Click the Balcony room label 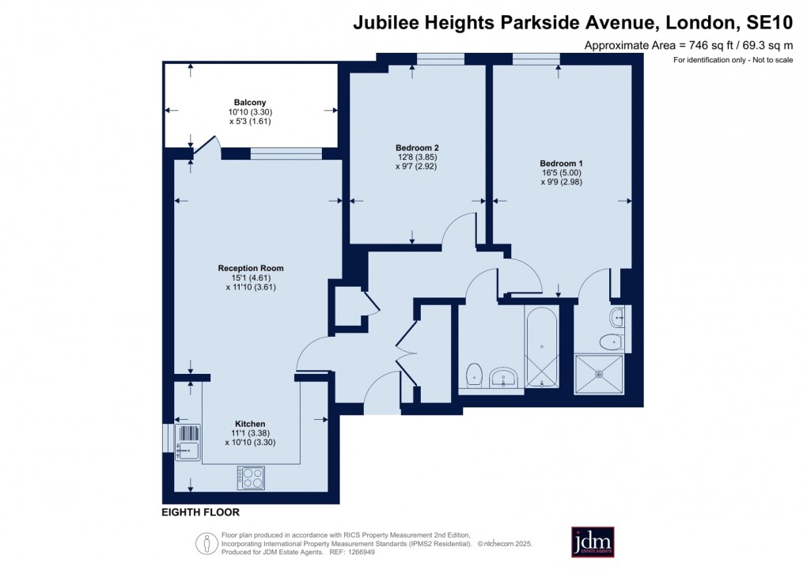point(249,102)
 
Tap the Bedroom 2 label point(417,148)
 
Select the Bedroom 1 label point(561,163)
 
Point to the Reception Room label point(251,268)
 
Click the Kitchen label point(250,424)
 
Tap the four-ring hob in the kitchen point(251,478)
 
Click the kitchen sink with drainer point(188,442)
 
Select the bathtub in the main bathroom point(542,347)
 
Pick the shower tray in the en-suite point(599,374)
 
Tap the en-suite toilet point(612,342)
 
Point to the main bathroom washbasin point(504,377)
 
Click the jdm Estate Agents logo point(593,542)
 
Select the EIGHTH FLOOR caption point(201,512)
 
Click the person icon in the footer point(206,543)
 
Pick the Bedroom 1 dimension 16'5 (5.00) point(562,172)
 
